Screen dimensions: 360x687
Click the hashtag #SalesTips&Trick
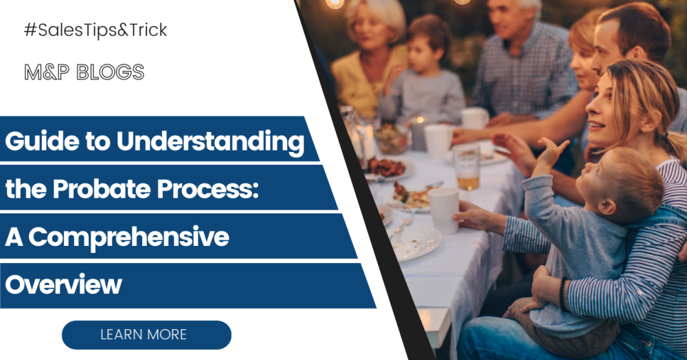[x=95, y=31]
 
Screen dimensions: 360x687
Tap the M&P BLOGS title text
[x=84, y=72]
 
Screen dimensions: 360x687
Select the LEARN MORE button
[x=146, y=335]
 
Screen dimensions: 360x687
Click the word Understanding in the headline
[x=210, y=143]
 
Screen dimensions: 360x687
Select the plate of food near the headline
[x=385, y=167]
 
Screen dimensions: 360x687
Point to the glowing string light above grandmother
[x=335, y=3]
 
